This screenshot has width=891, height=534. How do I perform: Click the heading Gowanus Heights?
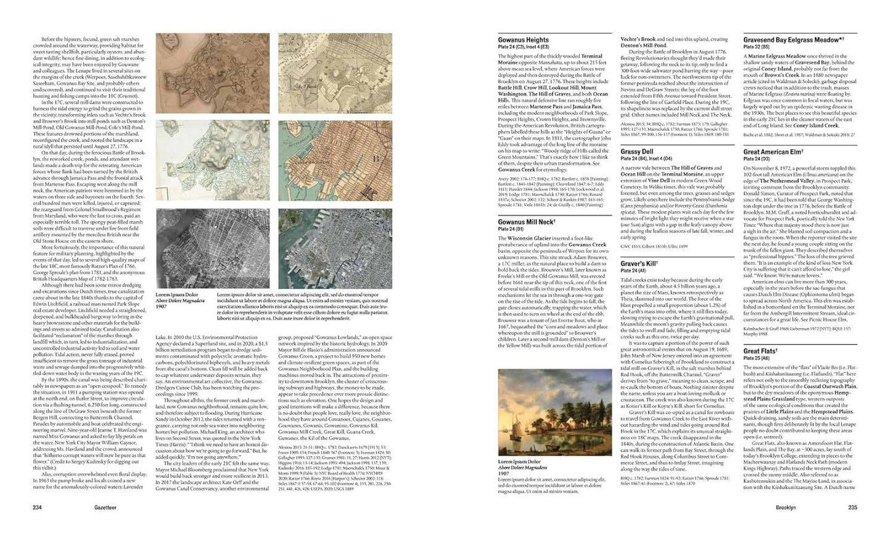523,40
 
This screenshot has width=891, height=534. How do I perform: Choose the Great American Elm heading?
774,152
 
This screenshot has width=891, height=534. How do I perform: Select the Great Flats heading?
759,351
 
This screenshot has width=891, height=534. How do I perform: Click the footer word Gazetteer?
60,508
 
